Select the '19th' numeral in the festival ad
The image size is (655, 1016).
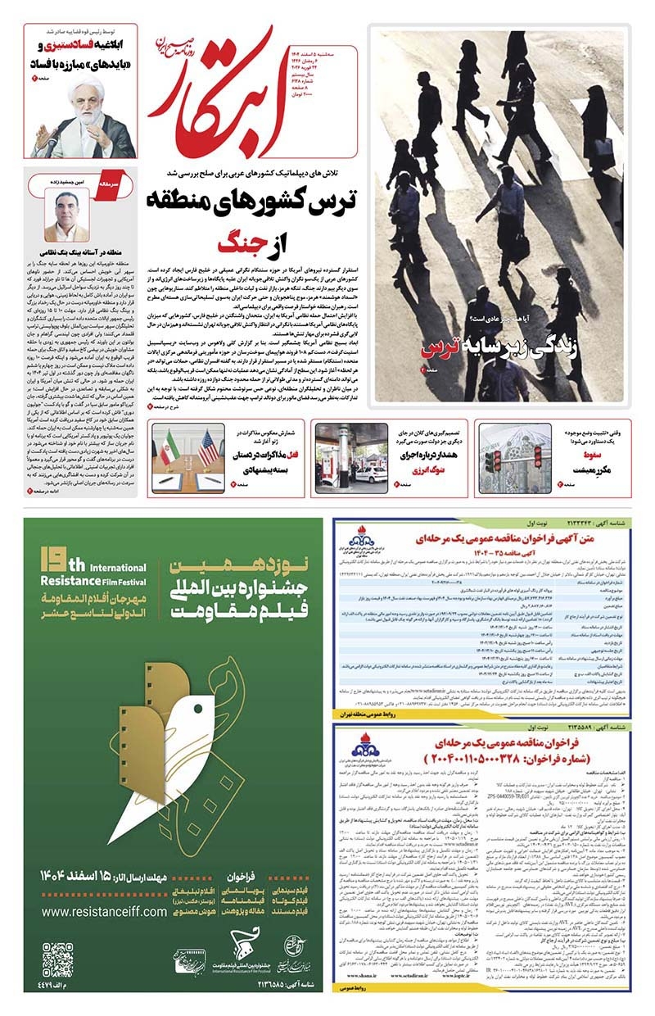pos(57,565)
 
